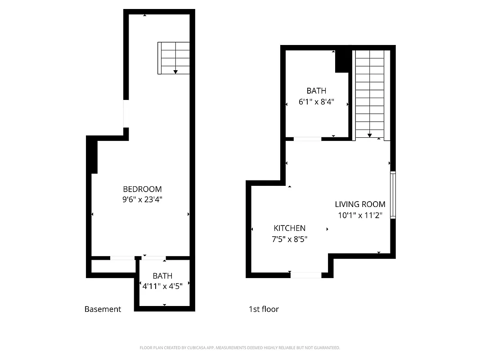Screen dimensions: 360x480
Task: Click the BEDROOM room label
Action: click(142, 189)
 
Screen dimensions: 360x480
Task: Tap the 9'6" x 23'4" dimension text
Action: click(142, 199)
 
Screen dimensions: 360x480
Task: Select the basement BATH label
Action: click(162, 276)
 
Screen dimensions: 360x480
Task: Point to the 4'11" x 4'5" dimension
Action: click(162, 286)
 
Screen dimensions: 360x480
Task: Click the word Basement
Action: click(103, 309)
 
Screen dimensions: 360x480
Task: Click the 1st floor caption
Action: click(264, 309)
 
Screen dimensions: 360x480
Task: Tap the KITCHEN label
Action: click(289, 229)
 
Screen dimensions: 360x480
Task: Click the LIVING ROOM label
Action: click(360, 204)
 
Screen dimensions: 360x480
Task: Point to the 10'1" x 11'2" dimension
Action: click(360, 215)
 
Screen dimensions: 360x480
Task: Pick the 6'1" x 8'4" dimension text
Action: click(316, 102)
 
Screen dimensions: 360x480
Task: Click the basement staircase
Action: click(174, 58)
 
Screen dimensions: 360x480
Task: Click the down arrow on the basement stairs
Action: click(175, 71)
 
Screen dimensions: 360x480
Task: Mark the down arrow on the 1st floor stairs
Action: click(369, 135)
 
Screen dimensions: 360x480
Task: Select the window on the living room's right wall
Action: click(393, 195)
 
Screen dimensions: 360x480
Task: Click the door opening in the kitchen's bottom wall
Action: click(306, 275)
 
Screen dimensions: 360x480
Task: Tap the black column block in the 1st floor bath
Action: click(343, 61)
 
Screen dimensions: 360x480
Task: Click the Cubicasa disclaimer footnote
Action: click(240, 348)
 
